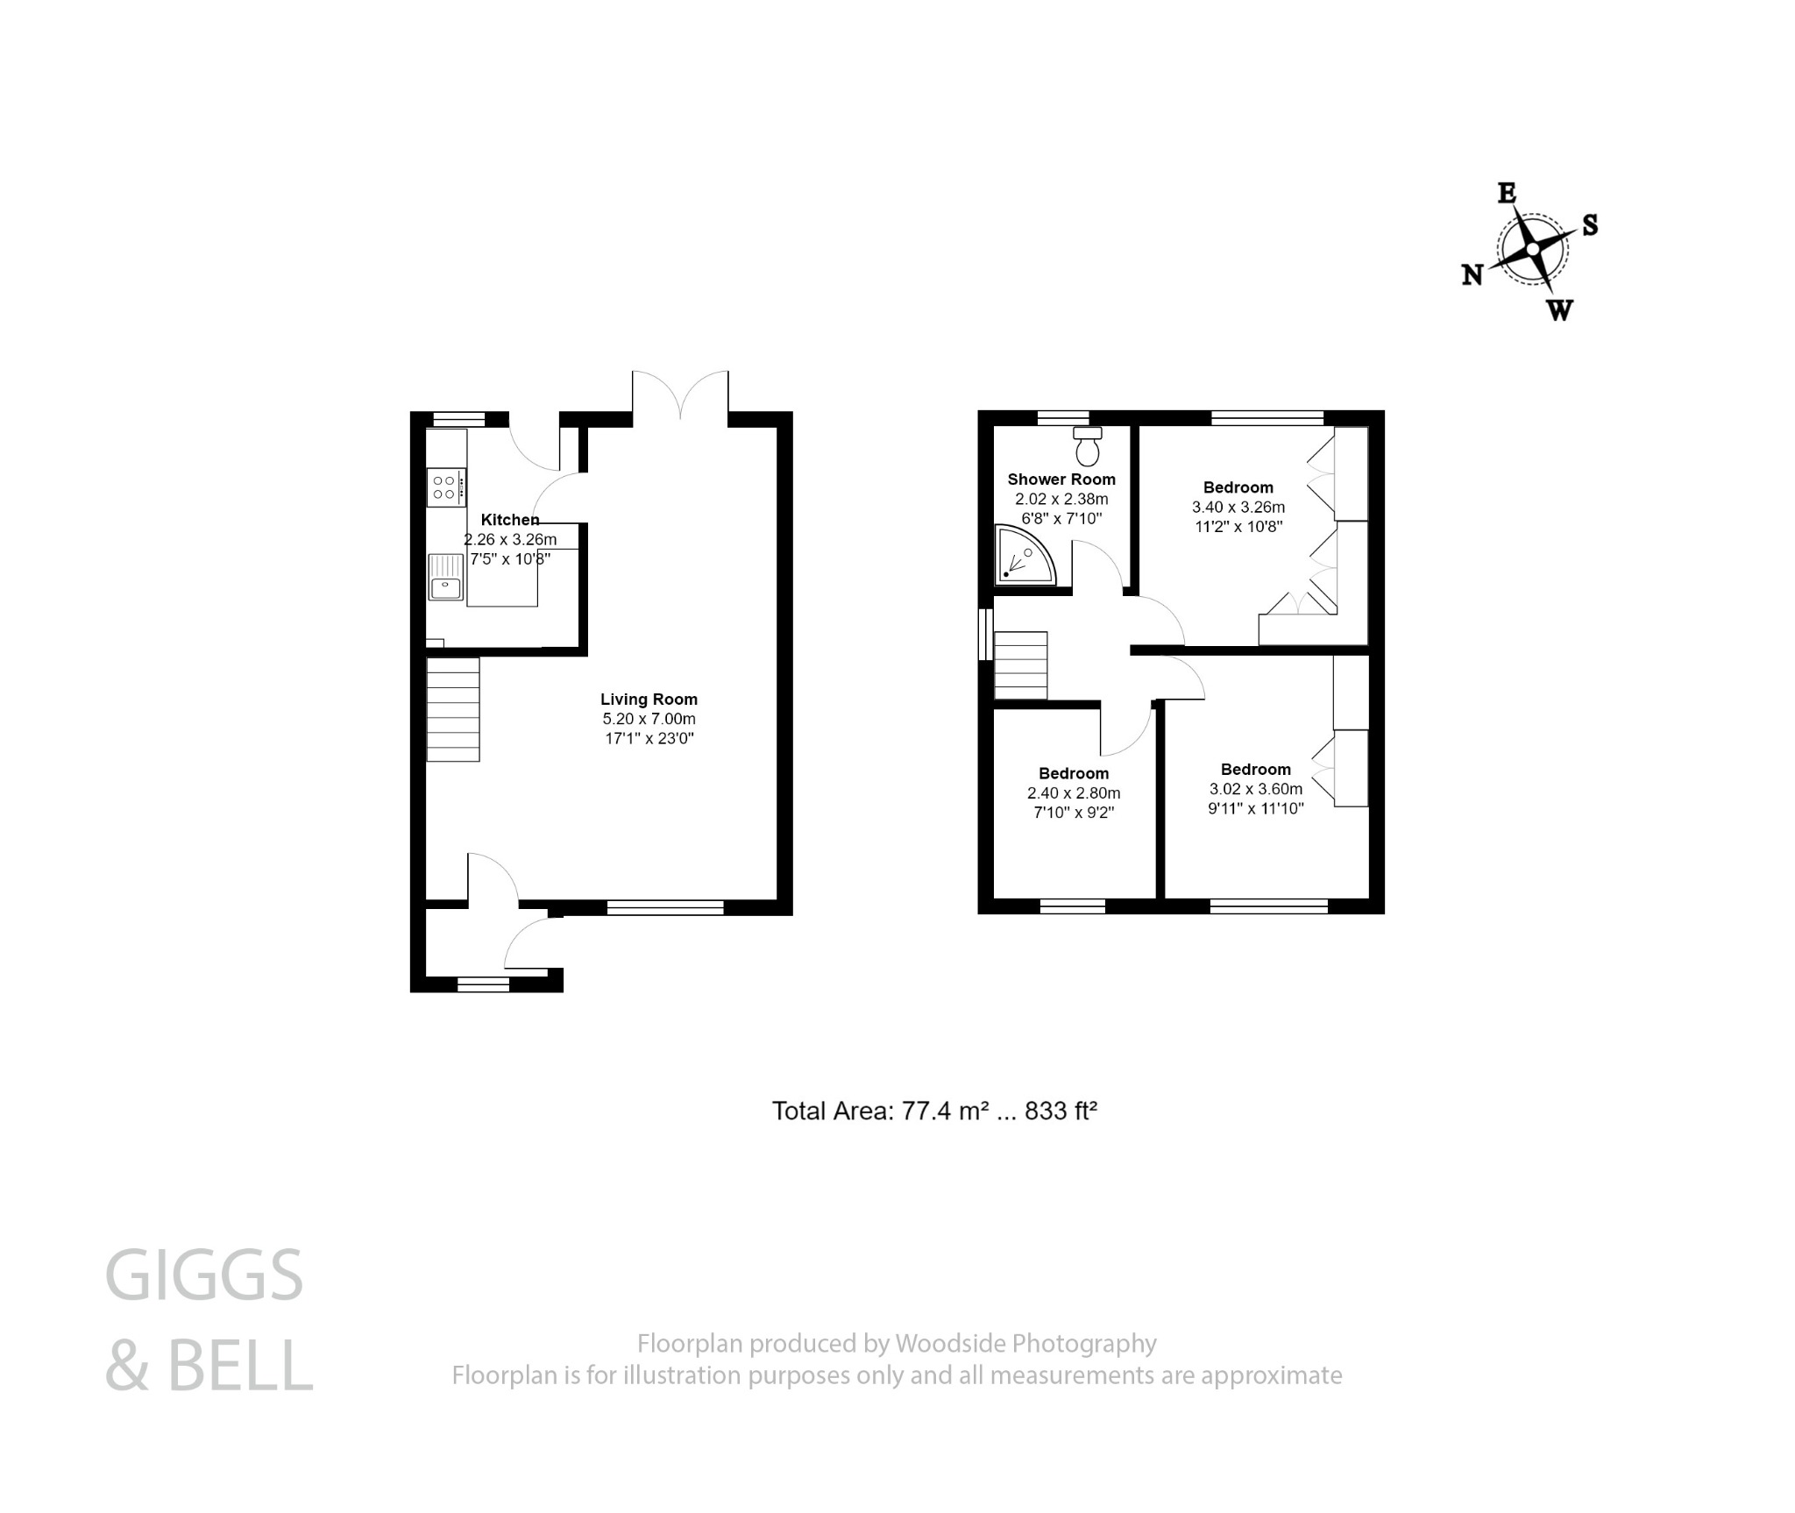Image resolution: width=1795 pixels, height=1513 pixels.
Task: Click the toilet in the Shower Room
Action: [x=1088, y=447]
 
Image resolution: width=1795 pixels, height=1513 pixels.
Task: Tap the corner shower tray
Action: [x=1022, y=558]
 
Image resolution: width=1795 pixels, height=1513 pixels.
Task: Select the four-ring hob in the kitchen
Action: [x=445, y=487]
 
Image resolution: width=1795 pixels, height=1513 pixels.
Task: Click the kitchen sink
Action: [x=445, y=578]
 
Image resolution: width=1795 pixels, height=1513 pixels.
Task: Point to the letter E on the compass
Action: [x=1507, y=194]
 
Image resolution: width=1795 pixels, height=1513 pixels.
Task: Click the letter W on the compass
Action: [x=1559, y=309]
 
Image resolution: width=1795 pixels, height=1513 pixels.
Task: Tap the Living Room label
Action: [x=649, y=699]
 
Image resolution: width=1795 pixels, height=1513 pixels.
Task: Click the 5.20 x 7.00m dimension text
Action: [x=649, y=719]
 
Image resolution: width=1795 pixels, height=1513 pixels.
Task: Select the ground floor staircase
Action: [x=453, y=709]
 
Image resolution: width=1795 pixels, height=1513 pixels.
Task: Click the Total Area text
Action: [x=934, y=1111]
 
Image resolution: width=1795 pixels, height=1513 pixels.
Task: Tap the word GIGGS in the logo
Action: [x=204, y=1275]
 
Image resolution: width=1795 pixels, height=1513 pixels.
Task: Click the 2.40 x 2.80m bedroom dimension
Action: [x=1074, y=793]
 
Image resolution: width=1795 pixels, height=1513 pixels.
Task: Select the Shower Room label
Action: [x=1061, y=479]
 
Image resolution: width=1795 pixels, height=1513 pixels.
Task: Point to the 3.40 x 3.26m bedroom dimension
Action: [x=1238, y=507]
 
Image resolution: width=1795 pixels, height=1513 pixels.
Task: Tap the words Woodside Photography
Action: [x=1025, y=1343]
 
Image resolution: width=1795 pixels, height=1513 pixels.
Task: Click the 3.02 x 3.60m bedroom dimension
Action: [x=1255, y=789]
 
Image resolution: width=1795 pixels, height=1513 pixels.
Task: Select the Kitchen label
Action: [x=510, y=520]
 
